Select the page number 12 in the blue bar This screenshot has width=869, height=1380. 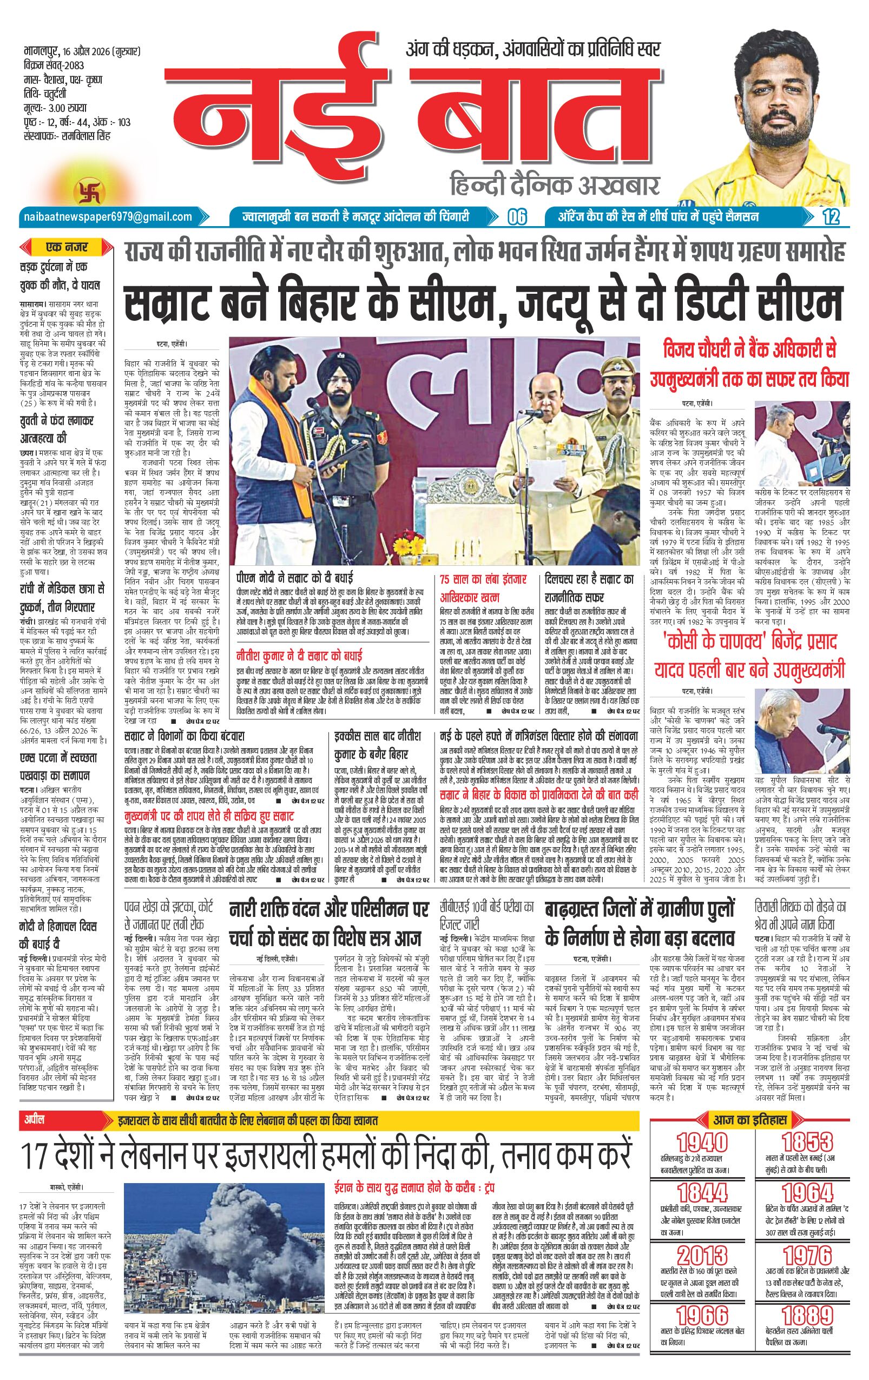(x=830, y=217)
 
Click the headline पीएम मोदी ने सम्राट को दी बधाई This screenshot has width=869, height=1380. (x=295, y=578)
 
